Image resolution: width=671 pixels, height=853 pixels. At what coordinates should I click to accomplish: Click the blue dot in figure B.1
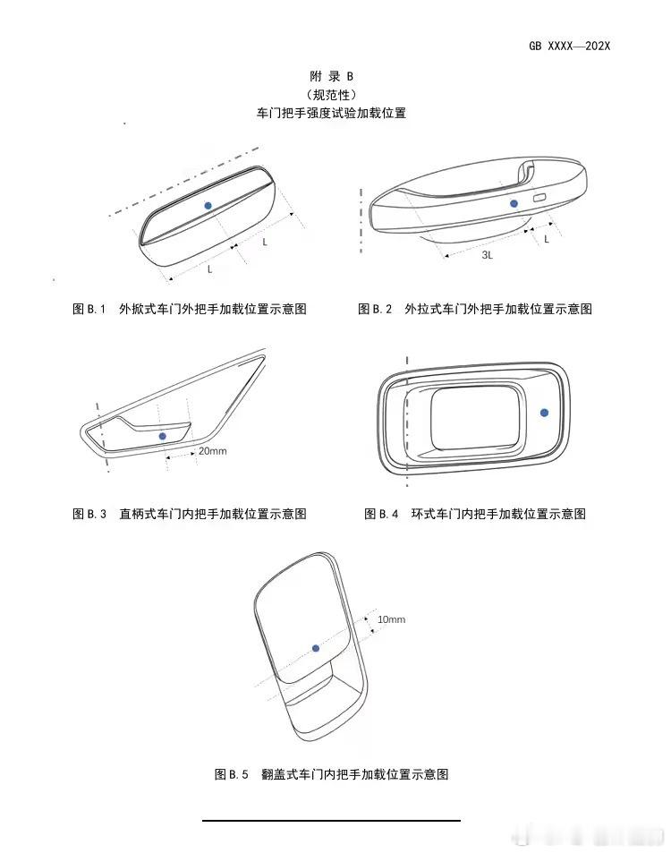click(208, 206)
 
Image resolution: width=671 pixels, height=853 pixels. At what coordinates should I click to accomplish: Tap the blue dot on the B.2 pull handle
click(514, 203)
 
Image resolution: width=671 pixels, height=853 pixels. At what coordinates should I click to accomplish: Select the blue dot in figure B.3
click(162, 436)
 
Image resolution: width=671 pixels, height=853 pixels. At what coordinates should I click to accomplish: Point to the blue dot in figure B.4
click(544, 413)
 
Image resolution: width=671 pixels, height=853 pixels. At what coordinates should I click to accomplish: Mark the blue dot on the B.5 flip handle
click(316, 648)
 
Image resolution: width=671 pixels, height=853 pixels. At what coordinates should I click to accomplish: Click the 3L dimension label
click(488, 254)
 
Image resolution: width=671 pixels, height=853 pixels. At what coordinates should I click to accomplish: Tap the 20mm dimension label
click(213, 451)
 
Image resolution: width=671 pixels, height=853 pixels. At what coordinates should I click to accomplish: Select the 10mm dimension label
click(392, 619)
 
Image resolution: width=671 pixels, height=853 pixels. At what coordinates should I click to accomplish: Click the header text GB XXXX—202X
click(569, 47)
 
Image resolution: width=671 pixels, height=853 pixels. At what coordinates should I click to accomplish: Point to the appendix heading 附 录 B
click(332, 76)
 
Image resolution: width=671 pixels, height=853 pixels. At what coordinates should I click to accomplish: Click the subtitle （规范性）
click(332, 95)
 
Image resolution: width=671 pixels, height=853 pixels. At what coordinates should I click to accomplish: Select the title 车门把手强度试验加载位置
click(332, 113)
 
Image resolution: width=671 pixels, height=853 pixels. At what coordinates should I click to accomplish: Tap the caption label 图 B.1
click(89, 309)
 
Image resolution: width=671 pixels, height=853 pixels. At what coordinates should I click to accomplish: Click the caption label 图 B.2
click(375, 309)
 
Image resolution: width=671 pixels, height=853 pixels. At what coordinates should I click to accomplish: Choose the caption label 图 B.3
click(89, 514)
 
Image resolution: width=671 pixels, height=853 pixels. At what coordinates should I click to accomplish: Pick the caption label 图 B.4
click(381, 514)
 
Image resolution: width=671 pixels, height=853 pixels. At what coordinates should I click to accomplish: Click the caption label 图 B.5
click(231, 774)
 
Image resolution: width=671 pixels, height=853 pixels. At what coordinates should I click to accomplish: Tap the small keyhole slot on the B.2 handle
click(540, 198)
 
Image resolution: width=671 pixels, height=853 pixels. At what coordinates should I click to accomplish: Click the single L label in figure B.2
click(547, 239)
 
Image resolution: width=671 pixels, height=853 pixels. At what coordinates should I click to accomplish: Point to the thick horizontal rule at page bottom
click(332, 820)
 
